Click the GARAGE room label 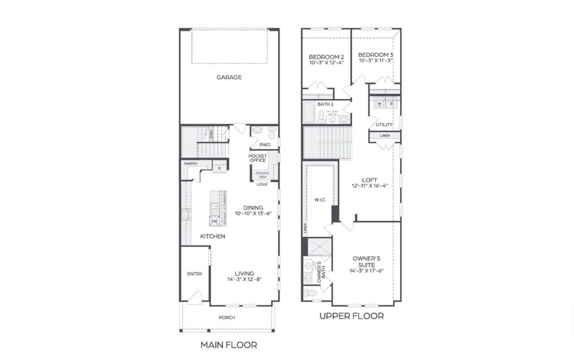click(229, 77)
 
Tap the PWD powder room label click(265, 145)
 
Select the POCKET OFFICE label click(258, 158)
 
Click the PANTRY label click(191, 163)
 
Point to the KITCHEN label click(212, 236)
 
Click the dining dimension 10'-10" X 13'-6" click(253, 214)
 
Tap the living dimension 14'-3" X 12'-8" click(245, 280)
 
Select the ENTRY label click(194, 274)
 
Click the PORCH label click(227, 317)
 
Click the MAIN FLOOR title click(229, 345)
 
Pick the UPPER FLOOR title click(351, 316)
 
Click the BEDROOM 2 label click(326, 57)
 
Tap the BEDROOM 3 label click(376, 55)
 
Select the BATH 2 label click(317, 104)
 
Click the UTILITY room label click(384, 125)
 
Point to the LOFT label click(369, 179)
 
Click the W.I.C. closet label click(319, 199)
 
